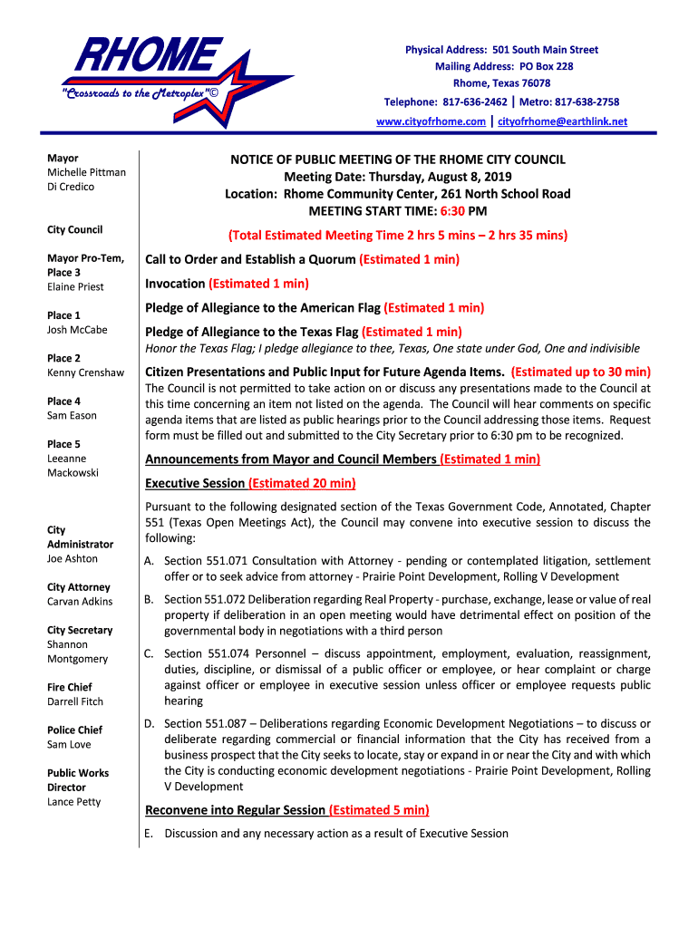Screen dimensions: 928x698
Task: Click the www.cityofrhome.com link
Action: pos(431,121)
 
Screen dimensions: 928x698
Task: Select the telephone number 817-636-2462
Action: pos(472,102)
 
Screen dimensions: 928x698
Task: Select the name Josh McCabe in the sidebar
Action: pos(77,330)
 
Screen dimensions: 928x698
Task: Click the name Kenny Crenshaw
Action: pos(85,372)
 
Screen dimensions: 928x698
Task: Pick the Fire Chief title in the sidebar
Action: pos(69,687)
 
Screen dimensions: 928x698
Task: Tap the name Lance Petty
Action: pos(74,802)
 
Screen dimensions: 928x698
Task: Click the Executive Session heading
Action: pos(195,483)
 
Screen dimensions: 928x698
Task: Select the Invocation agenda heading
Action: pos(176,284)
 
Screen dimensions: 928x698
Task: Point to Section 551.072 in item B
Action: pos(208,600)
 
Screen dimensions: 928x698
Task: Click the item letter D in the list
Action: pos(149,723)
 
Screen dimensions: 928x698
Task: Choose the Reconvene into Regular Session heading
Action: pos(235,810)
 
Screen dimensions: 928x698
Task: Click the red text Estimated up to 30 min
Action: pos(580,372)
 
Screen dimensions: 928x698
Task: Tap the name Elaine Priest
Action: pos(75,286)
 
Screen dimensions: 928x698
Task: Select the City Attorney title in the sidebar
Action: pos(78,587)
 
